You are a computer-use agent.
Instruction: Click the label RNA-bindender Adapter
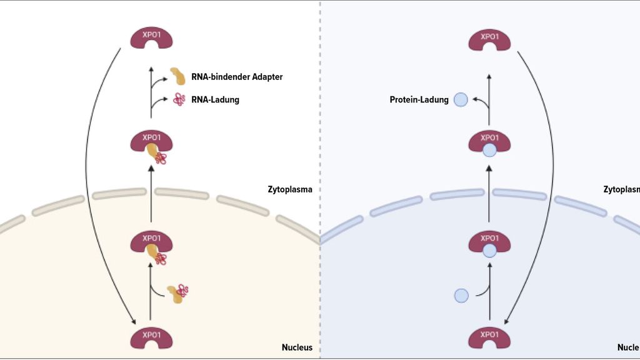(237, 77)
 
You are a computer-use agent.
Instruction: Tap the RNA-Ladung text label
(215, 99)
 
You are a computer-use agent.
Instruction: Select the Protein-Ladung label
(419, 99)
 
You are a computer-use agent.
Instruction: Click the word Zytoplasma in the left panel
(289, 189)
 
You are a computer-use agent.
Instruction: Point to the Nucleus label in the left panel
(297, 347)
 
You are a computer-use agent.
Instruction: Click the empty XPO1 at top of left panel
(151, 39)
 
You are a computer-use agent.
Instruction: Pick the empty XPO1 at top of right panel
(489, 40)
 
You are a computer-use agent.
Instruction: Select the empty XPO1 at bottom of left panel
(151, 337)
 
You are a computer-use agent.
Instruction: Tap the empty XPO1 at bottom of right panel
(489, 337)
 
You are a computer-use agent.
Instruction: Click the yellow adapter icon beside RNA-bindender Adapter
(178, 76)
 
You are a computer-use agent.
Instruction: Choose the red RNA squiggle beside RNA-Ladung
(179, 99)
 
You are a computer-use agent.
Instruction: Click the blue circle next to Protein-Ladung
(461, 99)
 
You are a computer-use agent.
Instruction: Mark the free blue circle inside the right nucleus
(461, 295)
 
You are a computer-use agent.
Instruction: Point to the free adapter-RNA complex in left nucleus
(178, 292)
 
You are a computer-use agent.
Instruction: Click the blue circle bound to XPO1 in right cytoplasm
(489, 150)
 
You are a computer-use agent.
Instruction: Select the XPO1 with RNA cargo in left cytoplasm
(151, 145)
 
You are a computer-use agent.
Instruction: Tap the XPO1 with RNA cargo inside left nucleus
(151, 245)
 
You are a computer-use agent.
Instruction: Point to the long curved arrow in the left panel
(86, 187)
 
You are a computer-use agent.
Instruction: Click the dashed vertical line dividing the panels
(320, 125)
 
